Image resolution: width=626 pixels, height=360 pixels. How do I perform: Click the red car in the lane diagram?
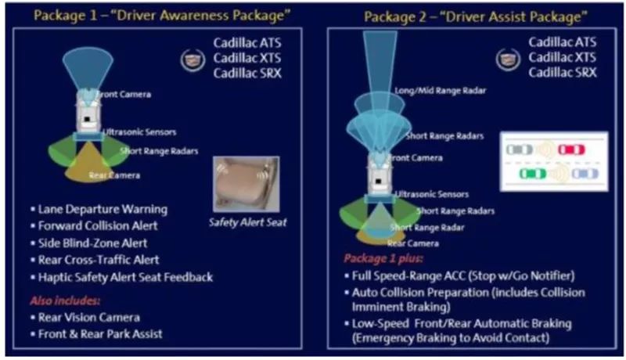(x=570, y=149)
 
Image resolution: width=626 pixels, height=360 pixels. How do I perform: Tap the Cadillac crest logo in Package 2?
(x=508, y=59)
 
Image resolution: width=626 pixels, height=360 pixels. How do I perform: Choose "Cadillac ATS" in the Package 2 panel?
(x=561, y=42)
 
